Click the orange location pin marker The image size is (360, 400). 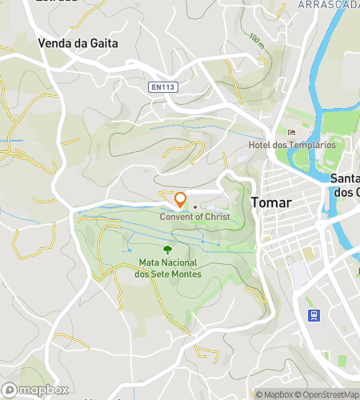point(181,200)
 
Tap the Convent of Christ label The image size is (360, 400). point(194,217)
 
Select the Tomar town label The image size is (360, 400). point(270,202)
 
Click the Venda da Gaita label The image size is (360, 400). point(78,44)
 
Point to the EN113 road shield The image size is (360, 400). point(163,87)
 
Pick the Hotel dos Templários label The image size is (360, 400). point(291,145)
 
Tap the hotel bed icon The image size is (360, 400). point(291,132)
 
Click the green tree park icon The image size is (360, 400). point(167,249)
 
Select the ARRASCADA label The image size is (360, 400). point(328,5)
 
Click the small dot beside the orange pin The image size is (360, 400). point(194,206)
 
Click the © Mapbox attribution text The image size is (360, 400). point(274,394)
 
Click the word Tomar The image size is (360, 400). point(270,202)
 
